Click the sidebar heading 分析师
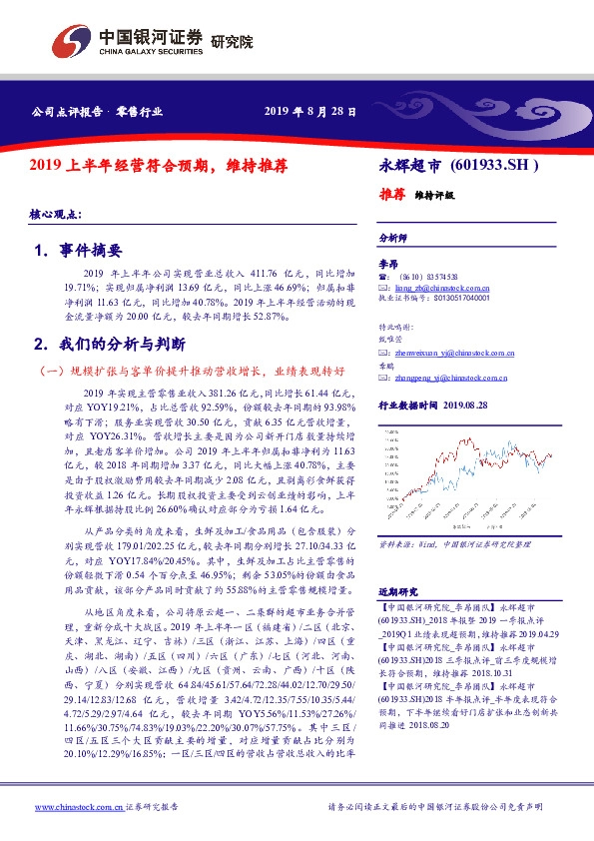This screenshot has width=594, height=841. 394,239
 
